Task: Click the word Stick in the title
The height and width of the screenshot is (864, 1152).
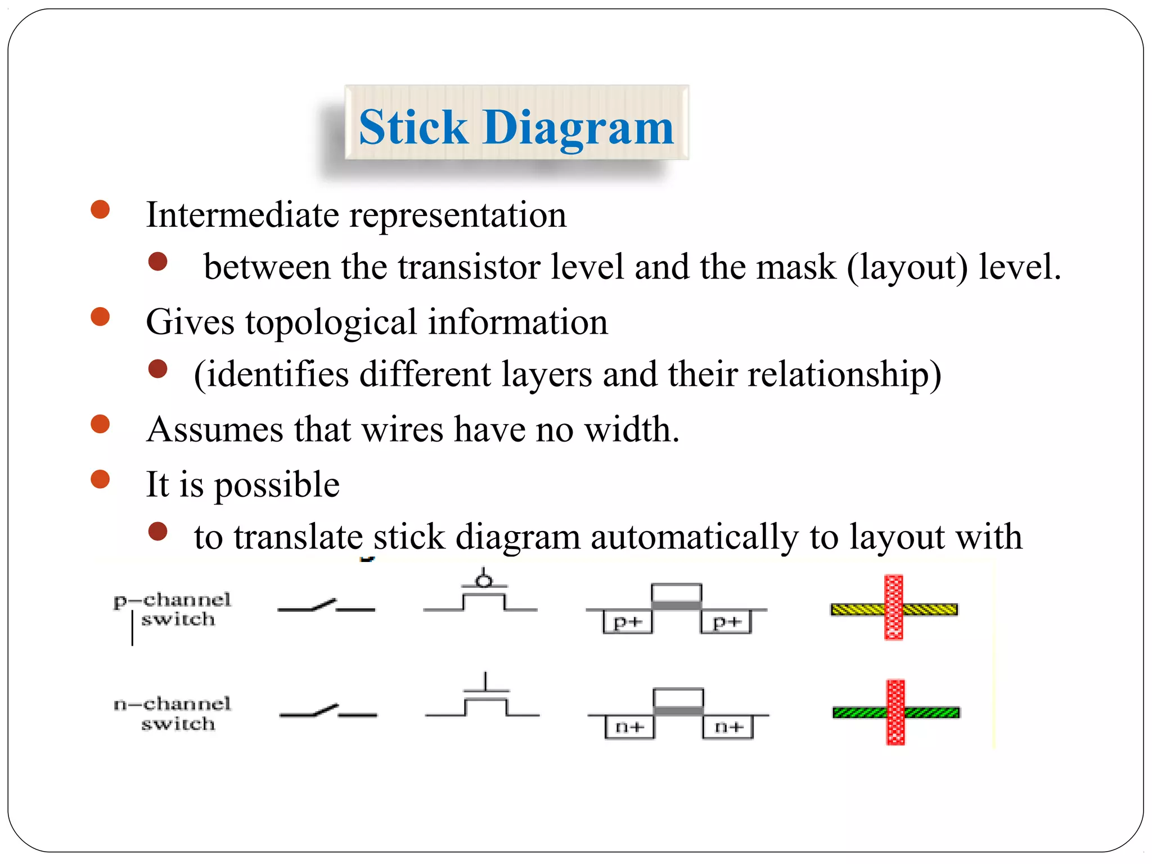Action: click(413, 128)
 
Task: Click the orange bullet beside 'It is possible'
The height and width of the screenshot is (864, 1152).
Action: click(100, 479)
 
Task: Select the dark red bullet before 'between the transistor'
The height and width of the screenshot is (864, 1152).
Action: click(158, 262)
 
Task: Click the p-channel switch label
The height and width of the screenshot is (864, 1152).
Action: click(172, 609)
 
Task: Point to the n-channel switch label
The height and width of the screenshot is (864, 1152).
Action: click(172, 713)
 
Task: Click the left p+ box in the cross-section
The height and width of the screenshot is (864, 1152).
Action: click(627, 622)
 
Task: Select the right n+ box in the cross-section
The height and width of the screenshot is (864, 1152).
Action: click(728, 727)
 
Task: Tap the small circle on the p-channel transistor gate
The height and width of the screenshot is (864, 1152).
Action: click(483, 580)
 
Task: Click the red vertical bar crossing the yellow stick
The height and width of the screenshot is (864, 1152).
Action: click(894, 607)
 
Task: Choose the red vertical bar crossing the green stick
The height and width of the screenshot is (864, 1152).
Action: click(895, 712)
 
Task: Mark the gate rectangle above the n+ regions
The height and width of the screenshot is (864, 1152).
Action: click(678, 698)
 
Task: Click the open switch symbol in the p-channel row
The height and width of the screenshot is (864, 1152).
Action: click(326, 606)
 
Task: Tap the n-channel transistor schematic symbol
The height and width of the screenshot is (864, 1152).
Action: click(484, 701)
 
